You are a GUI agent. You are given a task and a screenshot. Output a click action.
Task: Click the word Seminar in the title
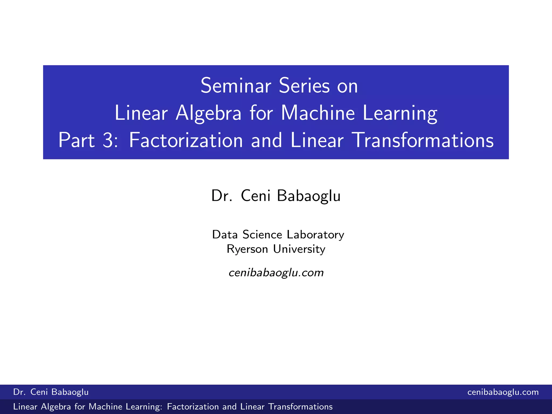tap(236, 86)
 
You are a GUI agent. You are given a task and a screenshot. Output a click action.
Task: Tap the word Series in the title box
tap(304, 86)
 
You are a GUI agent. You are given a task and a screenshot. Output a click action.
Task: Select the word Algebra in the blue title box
tap(208, 113)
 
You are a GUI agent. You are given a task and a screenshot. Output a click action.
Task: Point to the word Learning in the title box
tap(400, 113)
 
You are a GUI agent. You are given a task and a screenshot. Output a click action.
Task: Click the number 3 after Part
tap(108, 140)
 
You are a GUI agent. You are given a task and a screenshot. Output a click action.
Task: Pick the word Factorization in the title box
tap(186, 140)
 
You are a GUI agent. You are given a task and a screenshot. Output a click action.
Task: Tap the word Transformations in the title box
tap(423, 140)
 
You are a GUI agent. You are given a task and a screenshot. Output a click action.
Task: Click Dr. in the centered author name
tap(222, 196)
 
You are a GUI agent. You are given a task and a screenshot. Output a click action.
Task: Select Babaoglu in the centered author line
tap(309, 196)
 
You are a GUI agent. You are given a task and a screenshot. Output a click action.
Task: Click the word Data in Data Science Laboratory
tap(225, 234)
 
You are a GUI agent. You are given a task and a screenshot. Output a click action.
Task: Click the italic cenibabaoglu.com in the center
tap(276, 273)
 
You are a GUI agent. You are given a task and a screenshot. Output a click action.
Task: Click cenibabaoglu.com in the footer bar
tap(503, 392)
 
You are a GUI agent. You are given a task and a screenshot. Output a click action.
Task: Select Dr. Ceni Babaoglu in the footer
tap(51, 392)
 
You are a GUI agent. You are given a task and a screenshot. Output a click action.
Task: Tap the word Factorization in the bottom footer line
tap(193, 407)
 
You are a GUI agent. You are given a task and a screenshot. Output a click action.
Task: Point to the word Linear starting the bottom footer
tap(25, 407)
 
